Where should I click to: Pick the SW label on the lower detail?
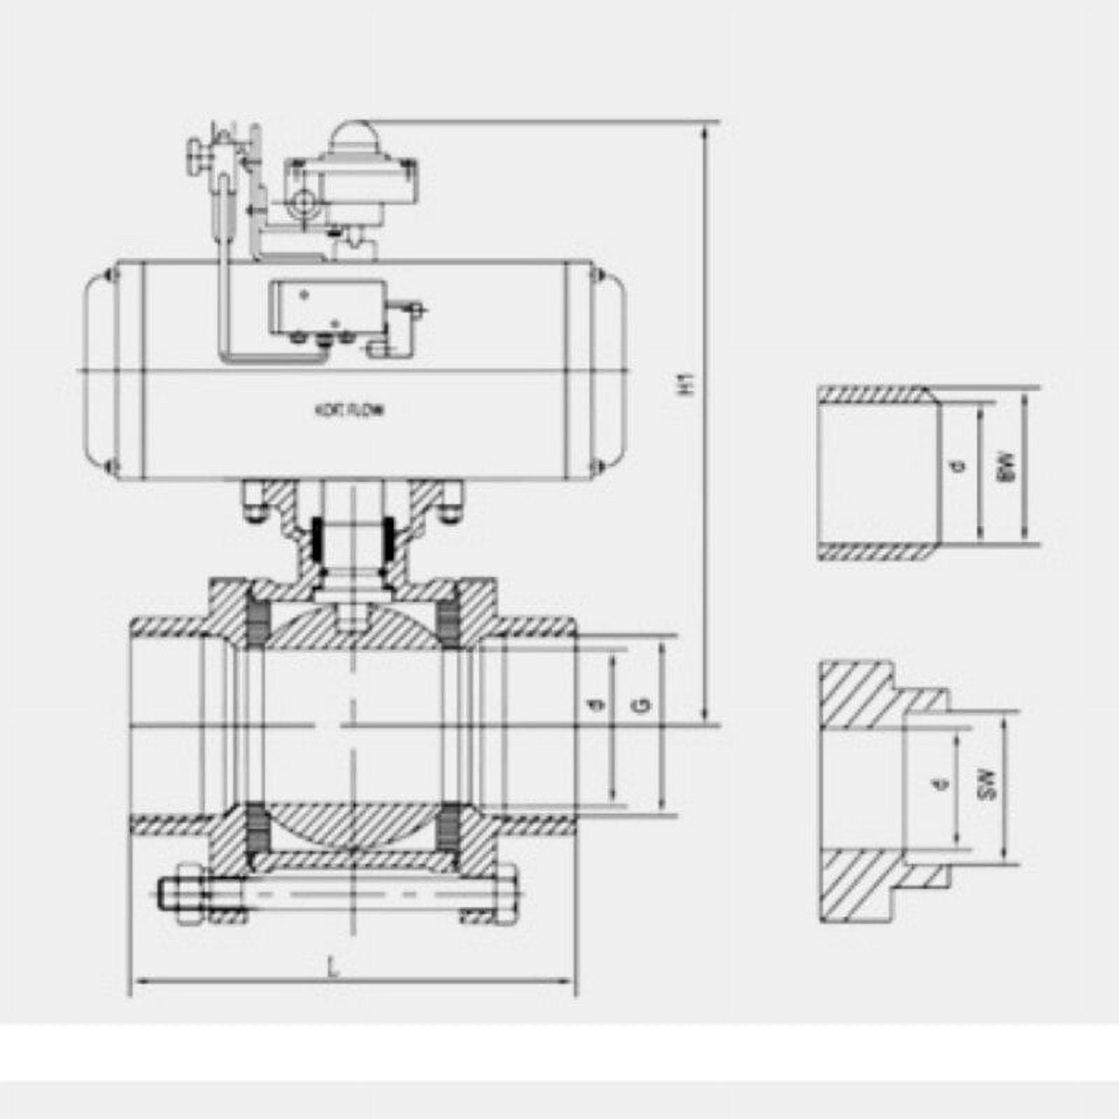(987, 785)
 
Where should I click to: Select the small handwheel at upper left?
(194, 152)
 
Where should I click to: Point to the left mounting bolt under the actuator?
(252, 501)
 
